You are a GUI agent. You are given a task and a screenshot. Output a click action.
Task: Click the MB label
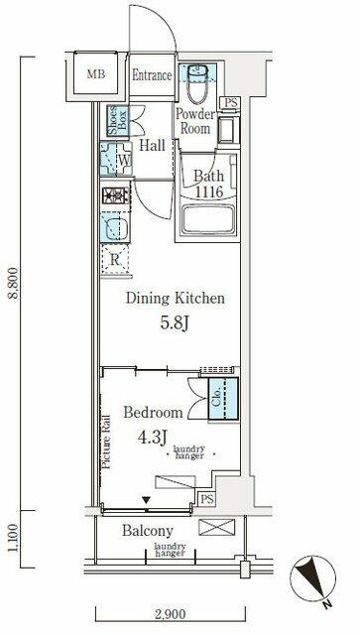(96, 74)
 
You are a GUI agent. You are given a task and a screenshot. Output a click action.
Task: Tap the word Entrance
(152, 75)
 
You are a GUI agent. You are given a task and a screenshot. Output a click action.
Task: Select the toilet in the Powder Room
(197, 83)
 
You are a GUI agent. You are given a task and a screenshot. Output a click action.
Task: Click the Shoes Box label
(118, 120)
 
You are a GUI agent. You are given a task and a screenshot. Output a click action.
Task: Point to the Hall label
(152, 146)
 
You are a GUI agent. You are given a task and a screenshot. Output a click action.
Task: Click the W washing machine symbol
(116, 159)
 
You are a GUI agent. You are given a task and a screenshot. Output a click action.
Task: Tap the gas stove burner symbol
(115, 196)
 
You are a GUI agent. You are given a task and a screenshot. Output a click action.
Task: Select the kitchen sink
(115, 227)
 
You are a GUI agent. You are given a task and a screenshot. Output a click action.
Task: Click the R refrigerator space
(115, 260)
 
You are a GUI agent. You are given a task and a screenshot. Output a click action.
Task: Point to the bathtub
(208, 220)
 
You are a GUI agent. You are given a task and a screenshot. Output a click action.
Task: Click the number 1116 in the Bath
(209, 191)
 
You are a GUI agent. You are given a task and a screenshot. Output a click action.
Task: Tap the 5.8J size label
(175, 323)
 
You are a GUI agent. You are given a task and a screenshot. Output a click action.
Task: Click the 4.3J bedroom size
(153, 438)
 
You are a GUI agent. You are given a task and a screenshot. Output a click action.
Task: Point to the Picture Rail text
(106, 442)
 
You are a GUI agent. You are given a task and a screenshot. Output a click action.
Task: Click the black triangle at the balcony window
(147, 501)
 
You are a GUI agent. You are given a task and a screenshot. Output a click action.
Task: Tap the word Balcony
(148, 531)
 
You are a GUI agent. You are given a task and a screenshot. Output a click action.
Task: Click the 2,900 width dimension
(169, 615)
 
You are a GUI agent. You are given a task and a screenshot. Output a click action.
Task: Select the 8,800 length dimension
(13, 282)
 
